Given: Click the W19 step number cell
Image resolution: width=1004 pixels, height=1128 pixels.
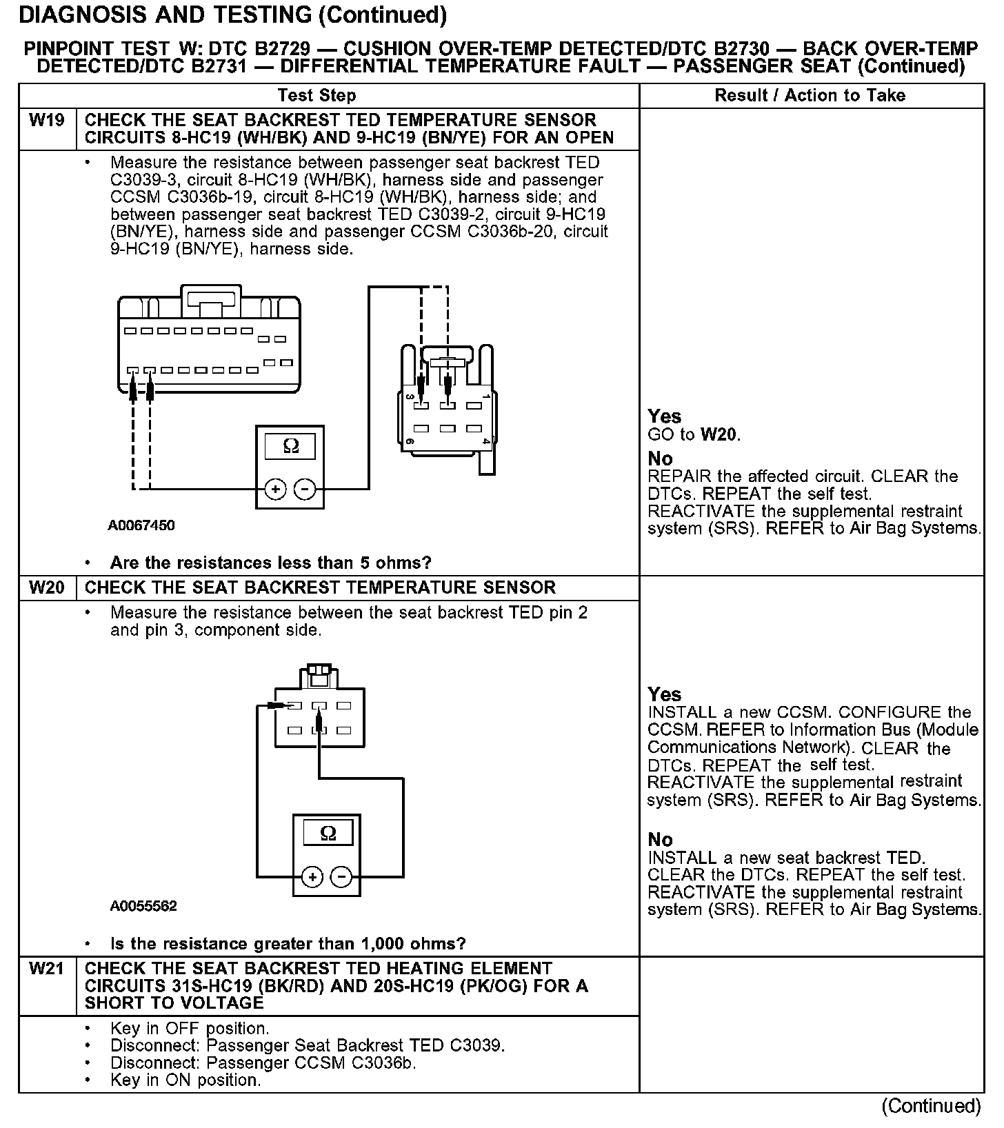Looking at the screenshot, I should pyautogui.click(x=47, y=121).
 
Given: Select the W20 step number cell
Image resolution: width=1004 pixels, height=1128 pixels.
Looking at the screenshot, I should pyautogui.click(x=47, y=588).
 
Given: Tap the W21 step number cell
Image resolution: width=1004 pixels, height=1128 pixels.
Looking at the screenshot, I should pyautogui.click(x=47, y=969).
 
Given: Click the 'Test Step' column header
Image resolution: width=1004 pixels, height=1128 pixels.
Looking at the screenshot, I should pyautogui.click(x=317, y=96).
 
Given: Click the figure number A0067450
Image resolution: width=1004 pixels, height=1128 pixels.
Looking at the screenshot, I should pyautogui.click(x=141, y=525).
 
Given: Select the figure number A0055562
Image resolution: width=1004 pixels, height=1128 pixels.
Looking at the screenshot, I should pyautogui.click(x=143, y=906).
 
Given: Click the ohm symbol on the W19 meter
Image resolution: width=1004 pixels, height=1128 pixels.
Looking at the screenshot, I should pyautogui.click(x=290, y=447).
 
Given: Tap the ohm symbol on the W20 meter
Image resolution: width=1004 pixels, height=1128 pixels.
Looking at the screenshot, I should pyautogui.click(x=328, y=834).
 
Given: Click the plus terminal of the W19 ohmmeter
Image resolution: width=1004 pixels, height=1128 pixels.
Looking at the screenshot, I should pyautogui.click(x=275, y=490).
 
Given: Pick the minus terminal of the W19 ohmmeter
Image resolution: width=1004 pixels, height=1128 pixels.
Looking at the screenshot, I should pyautogui.click(x=305, y=490).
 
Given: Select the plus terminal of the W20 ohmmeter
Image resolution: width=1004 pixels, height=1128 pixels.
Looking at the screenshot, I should pyautogui.click(x=312, y=877).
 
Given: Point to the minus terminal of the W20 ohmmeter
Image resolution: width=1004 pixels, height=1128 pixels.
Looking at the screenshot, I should pyautogui.click(x=341, y=877).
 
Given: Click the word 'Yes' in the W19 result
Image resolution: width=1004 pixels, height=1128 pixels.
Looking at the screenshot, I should pyautogui.click(x=664, y=416).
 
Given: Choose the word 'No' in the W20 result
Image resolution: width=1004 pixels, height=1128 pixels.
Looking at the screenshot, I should pyautogui.click(x=660, y=840).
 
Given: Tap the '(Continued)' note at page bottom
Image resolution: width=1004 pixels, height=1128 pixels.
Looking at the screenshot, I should pyautogui.click(x=930, y=1106).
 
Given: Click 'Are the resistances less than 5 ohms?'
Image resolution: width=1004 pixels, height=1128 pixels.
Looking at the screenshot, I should pyautogui.click(x=270, y=563).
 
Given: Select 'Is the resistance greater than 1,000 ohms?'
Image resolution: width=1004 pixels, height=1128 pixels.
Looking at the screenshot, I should pyautogui.click(x=288, y=944).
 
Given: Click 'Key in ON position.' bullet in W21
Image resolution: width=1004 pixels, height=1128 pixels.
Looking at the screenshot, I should pyautogui.click(x=185, y=1080).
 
